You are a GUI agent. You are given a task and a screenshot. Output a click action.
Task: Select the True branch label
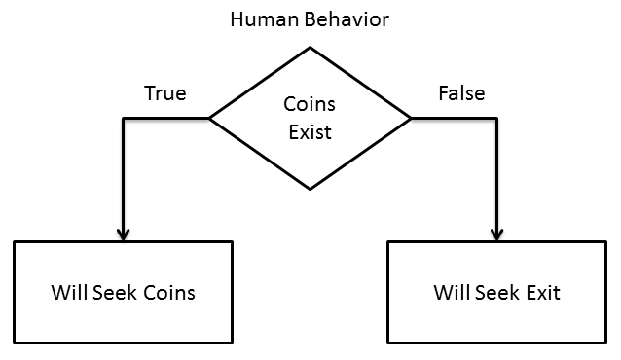(x=164, y=93)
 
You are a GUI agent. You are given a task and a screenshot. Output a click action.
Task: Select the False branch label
(x=460, y=93)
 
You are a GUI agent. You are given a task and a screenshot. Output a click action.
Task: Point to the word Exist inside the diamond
(x=310, y=131)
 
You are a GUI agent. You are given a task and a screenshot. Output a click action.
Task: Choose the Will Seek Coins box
(x=123, y=292)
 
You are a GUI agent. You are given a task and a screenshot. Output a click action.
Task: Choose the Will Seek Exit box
(x=496, y=292)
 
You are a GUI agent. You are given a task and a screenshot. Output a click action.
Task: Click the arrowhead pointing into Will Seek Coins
(x=123, y=234)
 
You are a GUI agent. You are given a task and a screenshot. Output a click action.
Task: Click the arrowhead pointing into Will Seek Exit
(x=496, y=234)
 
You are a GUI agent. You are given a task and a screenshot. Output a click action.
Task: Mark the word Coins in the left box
(x=168, y=292)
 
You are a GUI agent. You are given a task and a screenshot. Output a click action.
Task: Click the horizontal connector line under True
(x=165, y=118)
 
